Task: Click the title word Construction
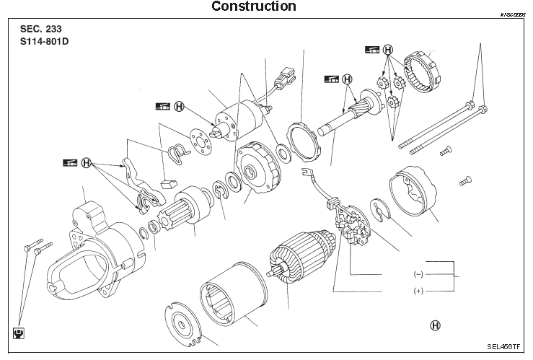[253, 6]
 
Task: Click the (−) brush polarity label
[418, 275]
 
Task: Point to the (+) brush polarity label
[418, 291]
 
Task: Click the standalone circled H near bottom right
[435, 325]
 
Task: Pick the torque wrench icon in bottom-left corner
[18, 333]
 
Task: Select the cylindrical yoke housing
[231, 296]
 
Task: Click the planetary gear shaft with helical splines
[346, 118]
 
